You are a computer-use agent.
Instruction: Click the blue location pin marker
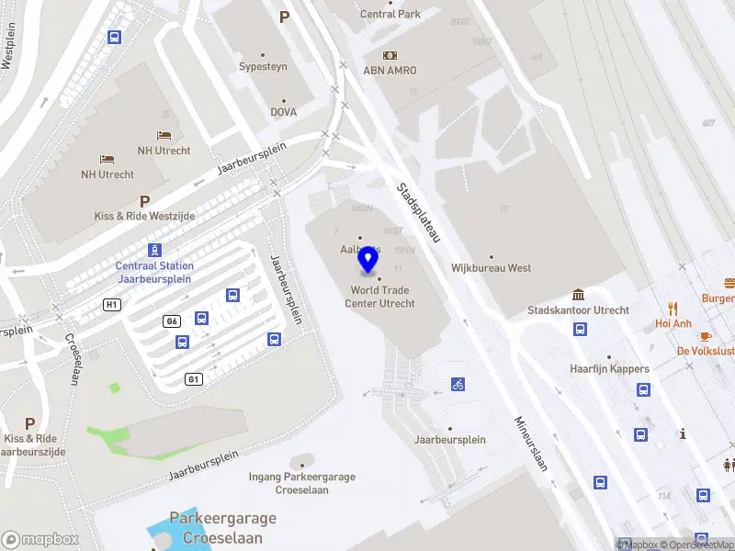[367, 260]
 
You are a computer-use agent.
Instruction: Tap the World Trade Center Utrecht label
[379, 297]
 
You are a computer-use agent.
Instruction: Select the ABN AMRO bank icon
[390, 55]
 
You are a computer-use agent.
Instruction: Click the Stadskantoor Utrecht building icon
[579, 295]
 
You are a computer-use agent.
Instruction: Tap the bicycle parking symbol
[458, 384]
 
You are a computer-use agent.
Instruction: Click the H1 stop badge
[112, 304]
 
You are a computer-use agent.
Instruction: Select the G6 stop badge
[171, 320]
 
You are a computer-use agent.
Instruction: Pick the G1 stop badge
[193, 378]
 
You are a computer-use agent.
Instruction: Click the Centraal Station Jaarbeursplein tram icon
[154, 250]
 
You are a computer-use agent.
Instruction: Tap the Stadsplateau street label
[419, 212]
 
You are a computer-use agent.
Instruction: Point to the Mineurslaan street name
[530, 444]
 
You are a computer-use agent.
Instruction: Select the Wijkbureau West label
[492, 268]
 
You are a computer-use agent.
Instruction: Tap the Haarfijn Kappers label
[609, 369]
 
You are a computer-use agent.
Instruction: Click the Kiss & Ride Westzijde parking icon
[144, 201]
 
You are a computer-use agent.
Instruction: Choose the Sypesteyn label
[264, 67]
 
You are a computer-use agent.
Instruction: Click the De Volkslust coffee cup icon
[706, 336]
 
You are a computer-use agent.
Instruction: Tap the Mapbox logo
[40, 539]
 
